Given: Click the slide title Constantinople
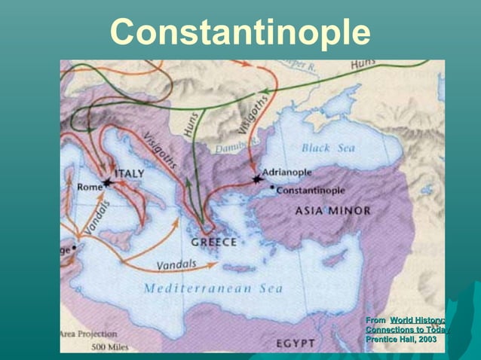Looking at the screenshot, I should [240, 32].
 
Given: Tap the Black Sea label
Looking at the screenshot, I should [328, 148].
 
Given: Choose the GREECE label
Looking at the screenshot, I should [214, 243].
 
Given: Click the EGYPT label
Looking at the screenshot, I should [295, 343].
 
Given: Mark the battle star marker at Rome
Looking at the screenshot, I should [106, 183].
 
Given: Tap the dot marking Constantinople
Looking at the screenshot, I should [272, 187].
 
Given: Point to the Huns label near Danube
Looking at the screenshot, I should [193, 121].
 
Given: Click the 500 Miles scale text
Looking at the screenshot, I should [110, 347].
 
